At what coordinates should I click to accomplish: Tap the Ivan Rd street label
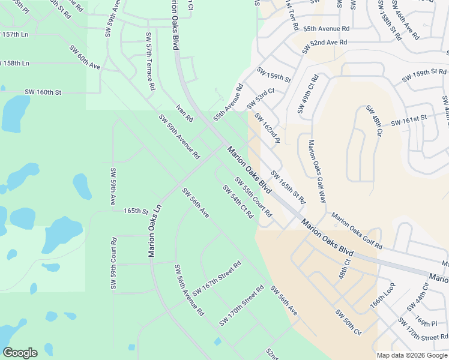[x=184, y=112]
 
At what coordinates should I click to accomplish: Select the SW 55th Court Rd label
[x=253, y=197]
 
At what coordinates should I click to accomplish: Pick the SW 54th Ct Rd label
[x=238, y=202]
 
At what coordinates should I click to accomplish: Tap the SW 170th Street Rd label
[x=241, y=305]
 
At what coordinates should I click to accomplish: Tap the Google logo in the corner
[x=20, y=353]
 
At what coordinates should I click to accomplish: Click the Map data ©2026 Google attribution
[x=412, y=355]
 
